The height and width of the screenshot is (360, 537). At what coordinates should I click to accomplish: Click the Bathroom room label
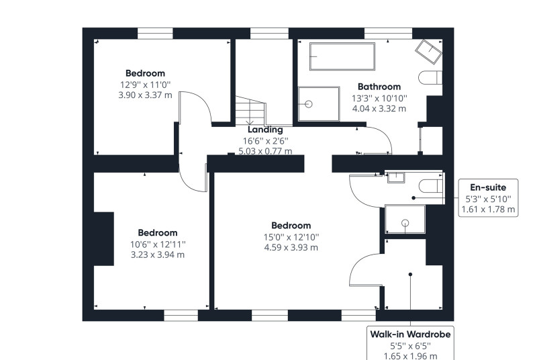coord(379,87)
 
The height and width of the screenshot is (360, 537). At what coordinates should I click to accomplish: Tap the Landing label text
coord(265,130)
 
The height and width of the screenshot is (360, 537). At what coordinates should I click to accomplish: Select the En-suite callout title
coord(488,187)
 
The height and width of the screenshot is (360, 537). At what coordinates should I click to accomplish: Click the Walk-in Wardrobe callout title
coord(410,334)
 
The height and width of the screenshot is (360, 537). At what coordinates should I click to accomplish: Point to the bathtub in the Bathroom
coord(342,56)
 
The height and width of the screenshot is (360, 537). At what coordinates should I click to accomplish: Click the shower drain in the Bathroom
coord(309,104)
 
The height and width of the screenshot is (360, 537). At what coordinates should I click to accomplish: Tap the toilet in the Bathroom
coord(430,77)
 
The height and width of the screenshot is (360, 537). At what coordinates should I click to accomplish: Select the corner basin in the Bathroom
coord(428,51)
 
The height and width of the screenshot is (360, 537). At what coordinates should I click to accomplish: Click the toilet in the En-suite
coord(432,185)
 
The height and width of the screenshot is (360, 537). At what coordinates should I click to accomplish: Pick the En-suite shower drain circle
coord(405,224)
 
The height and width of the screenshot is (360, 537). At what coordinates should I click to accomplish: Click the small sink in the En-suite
coord(396,178)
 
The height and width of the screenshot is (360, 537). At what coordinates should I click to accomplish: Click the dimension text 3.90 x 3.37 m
coord(145,95)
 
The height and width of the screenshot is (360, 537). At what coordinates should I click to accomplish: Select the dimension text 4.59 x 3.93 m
coord(291,247)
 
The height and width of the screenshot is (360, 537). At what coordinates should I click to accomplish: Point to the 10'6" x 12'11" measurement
coord(158,244)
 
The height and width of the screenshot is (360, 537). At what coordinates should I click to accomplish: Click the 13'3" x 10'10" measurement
coord(379,98)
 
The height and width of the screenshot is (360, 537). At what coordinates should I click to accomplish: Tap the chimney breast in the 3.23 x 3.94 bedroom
coord(104,238)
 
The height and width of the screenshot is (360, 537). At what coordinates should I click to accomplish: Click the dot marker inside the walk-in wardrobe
coord(410,275)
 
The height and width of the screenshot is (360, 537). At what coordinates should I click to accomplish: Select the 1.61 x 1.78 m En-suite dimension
coord(489,210)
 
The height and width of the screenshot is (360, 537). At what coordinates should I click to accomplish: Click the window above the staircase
coord(270,34)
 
